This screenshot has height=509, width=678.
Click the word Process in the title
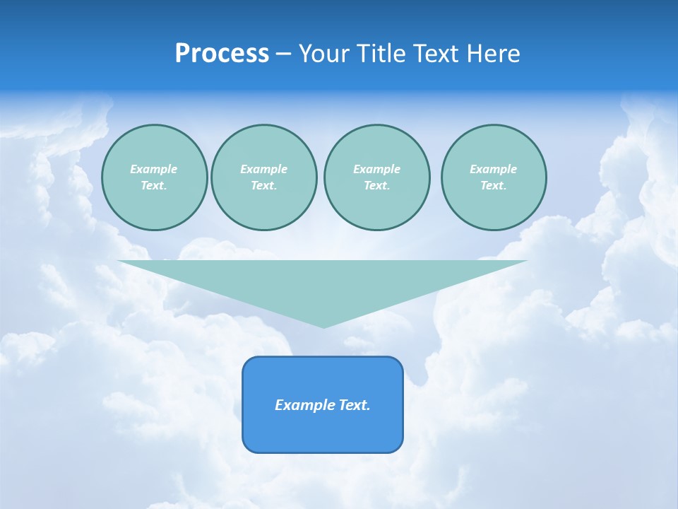(222, 54)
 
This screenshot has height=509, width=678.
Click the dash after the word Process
(283, 54)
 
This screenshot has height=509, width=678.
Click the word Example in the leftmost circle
(154, 169)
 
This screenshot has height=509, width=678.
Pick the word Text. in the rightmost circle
(494, 185)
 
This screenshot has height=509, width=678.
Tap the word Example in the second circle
(263, 169)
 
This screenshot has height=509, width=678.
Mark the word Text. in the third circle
(376, 185)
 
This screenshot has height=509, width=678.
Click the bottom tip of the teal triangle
(323, 326)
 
